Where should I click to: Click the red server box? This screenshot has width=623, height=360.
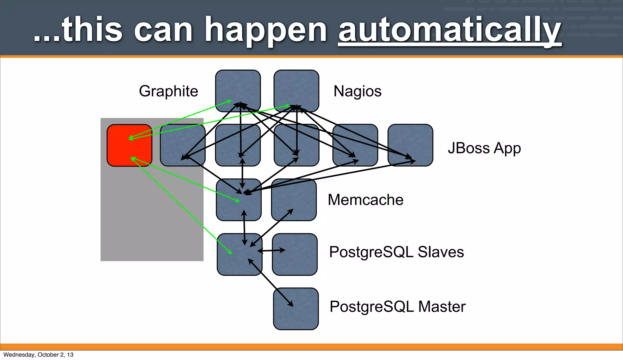pyautogui.click(x=129, y=145)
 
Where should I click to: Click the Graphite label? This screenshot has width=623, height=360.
pyautogui.click(x=168, y=91)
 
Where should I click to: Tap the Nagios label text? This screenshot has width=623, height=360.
pyautogui.click(x=357, y=91)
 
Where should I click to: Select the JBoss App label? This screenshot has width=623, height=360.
pyautogui.click(x=484, y=148)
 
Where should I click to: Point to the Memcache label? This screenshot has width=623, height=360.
pyautogui.click(x=365, y=200)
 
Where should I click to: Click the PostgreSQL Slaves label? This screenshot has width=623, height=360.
pyautogui.click(x=396, y=252)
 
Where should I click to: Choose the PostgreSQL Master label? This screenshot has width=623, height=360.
pyautogui.click(x=397, y=306)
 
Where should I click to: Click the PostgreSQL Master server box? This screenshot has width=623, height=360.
pyautogui.click(x=296, y=309)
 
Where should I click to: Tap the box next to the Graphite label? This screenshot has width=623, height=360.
pyautogui.click(x=238, y=91)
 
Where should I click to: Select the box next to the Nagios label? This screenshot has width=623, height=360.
pyautogui.click(x=296, y=91)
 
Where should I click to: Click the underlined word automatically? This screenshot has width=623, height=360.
pyautogui.click(x=450, y=30)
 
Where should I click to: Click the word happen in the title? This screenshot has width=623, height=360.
pyautogui.click(x=266, y=30)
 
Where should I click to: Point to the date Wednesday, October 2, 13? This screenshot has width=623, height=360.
pyautogui.click(x=38, y=355)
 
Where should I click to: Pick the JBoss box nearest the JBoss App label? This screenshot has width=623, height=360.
pyautogui.click(x=410, y=145)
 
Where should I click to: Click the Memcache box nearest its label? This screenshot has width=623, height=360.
pyautogui.click(x=294, y=200)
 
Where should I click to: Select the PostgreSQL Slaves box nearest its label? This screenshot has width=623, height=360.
pyautogui.click(x=295, y=254)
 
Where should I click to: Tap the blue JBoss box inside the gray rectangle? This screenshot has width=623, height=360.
pyautogui.click(x=183, y=145)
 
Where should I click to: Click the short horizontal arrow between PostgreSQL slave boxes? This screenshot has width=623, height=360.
pyautogui.click(x=271, y=251)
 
